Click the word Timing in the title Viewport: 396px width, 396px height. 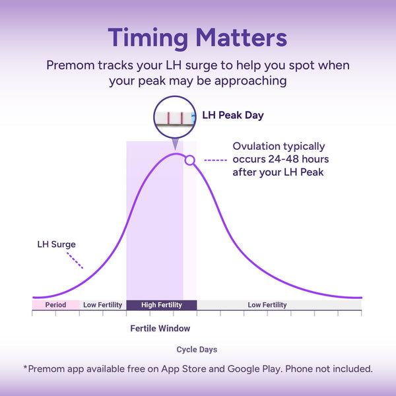point(148,38)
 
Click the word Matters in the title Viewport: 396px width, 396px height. point(242,38)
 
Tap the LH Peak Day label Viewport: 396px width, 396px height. point(233,115)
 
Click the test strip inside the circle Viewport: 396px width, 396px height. point(176,117)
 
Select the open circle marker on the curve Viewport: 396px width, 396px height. point(189,160)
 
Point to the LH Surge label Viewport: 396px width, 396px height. point(56,244)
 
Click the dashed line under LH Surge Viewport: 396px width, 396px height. point(75,261)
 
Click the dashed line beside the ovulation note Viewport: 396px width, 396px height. point(215,160)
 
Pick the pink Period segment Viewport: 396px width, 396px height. point(56,305)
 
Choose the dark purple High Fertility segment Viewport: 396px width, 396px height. point(162,305)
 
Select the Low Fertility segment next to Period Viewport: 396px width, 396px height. point(103,305)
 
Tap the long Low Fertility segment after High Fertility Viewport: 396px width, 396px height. point(279,305)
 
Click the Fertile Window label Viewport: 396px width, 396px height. point(160,328)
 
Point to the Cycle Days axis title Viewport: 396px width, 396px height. point(197,350)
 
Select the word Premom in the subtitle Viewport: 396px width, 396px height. point(70,65)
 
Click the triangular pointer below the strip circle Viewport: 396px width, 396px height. point(175,144)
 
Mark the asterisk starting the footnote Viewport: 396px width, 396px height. point(25,367)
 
